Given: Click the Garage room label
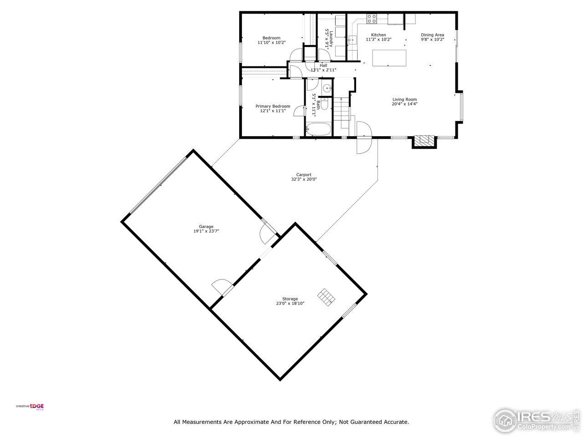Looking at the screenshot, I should click(x=206, y=226).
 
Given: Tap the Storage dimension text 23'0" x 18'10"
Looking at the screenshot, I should click(x=290, y=304).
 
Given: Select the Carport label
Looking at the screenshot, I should click(x=304, y=174).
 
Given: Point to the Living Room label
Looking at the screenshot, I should click(x=404, y=99).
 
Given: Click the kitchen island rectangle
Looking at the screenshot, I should click(x=389, y=58).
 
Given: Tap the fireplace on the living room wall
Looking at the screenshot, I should click(x=424, y=141).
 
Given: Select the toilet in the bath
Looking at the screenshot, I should click(x=324, y=103).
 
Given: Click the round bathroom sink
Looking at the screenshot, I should click(x=327, y=88).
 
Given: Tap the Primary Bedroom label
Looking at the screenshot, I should click(x=272, y=106).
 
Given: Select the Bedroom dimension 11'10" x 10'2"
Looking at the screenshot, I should click(x=271, y=43).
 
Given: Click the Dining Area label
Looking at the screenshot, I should click(x=432, y=35).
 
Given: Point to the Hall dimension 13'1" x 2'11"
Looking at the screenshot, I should click(x=323, y=70).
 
